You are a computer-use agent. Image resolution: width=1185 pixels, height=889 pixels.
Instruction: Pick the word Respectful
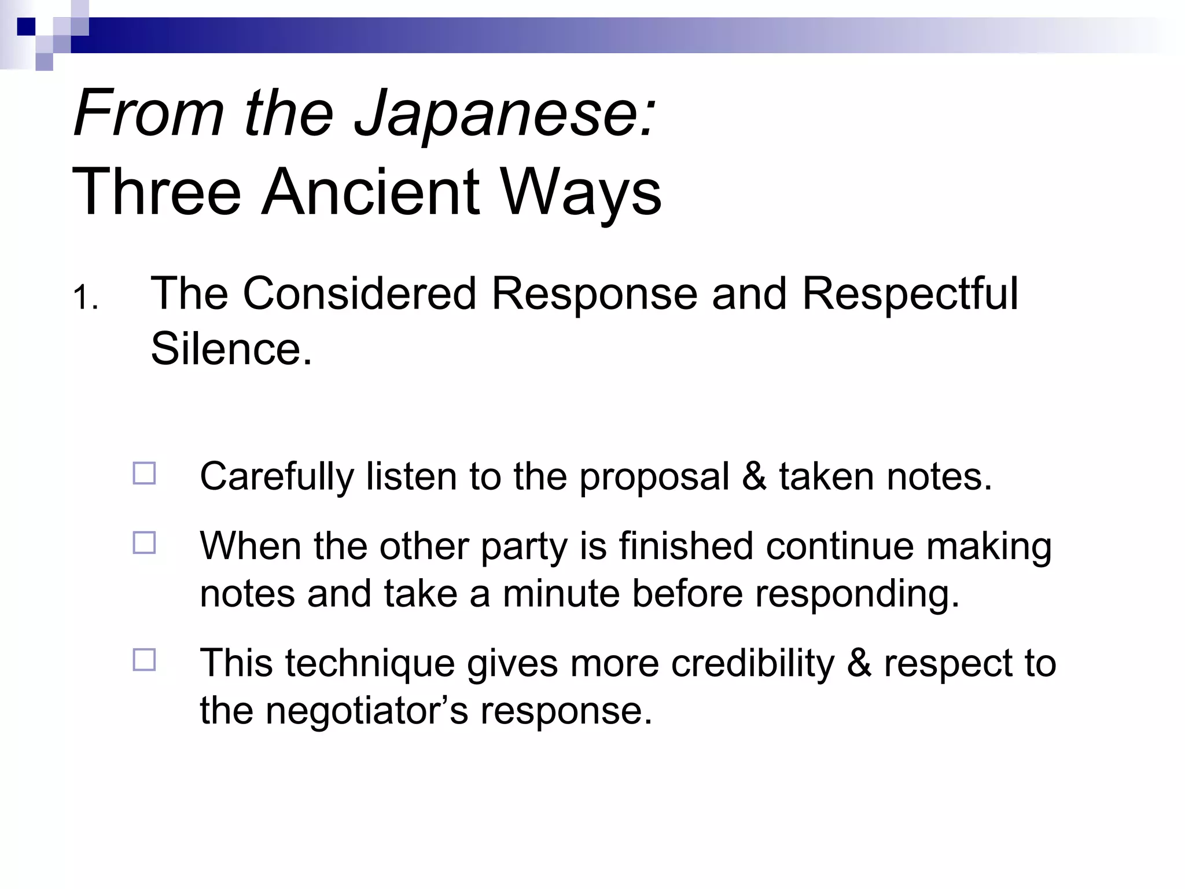point(910,293)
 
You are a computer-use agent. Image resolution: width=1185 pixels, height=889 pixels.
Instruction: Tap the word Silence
point(231,349)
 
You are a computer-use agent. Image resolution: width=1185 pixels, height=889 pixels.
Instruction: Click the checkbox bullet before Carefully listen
point(144,473)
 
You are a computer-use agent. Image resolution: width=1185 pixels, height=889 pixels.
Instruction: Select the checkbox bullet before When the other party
point(144,543)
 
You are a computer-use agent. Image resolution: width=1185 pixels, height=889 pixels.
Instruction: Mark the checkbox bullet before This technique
point(144,660)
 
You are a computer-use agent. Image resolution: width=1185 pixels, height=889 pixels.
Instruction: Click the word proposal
point(654,477)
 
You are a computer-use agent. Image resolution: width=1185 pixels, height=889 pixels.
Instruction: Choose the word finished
point(686,546)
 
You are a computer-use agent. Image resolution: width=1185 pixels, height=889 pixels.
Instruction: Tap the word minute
point(561,594)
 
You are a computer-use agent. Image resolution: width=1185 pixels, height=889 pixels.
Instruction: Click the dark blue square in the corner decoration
point(26,27)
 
